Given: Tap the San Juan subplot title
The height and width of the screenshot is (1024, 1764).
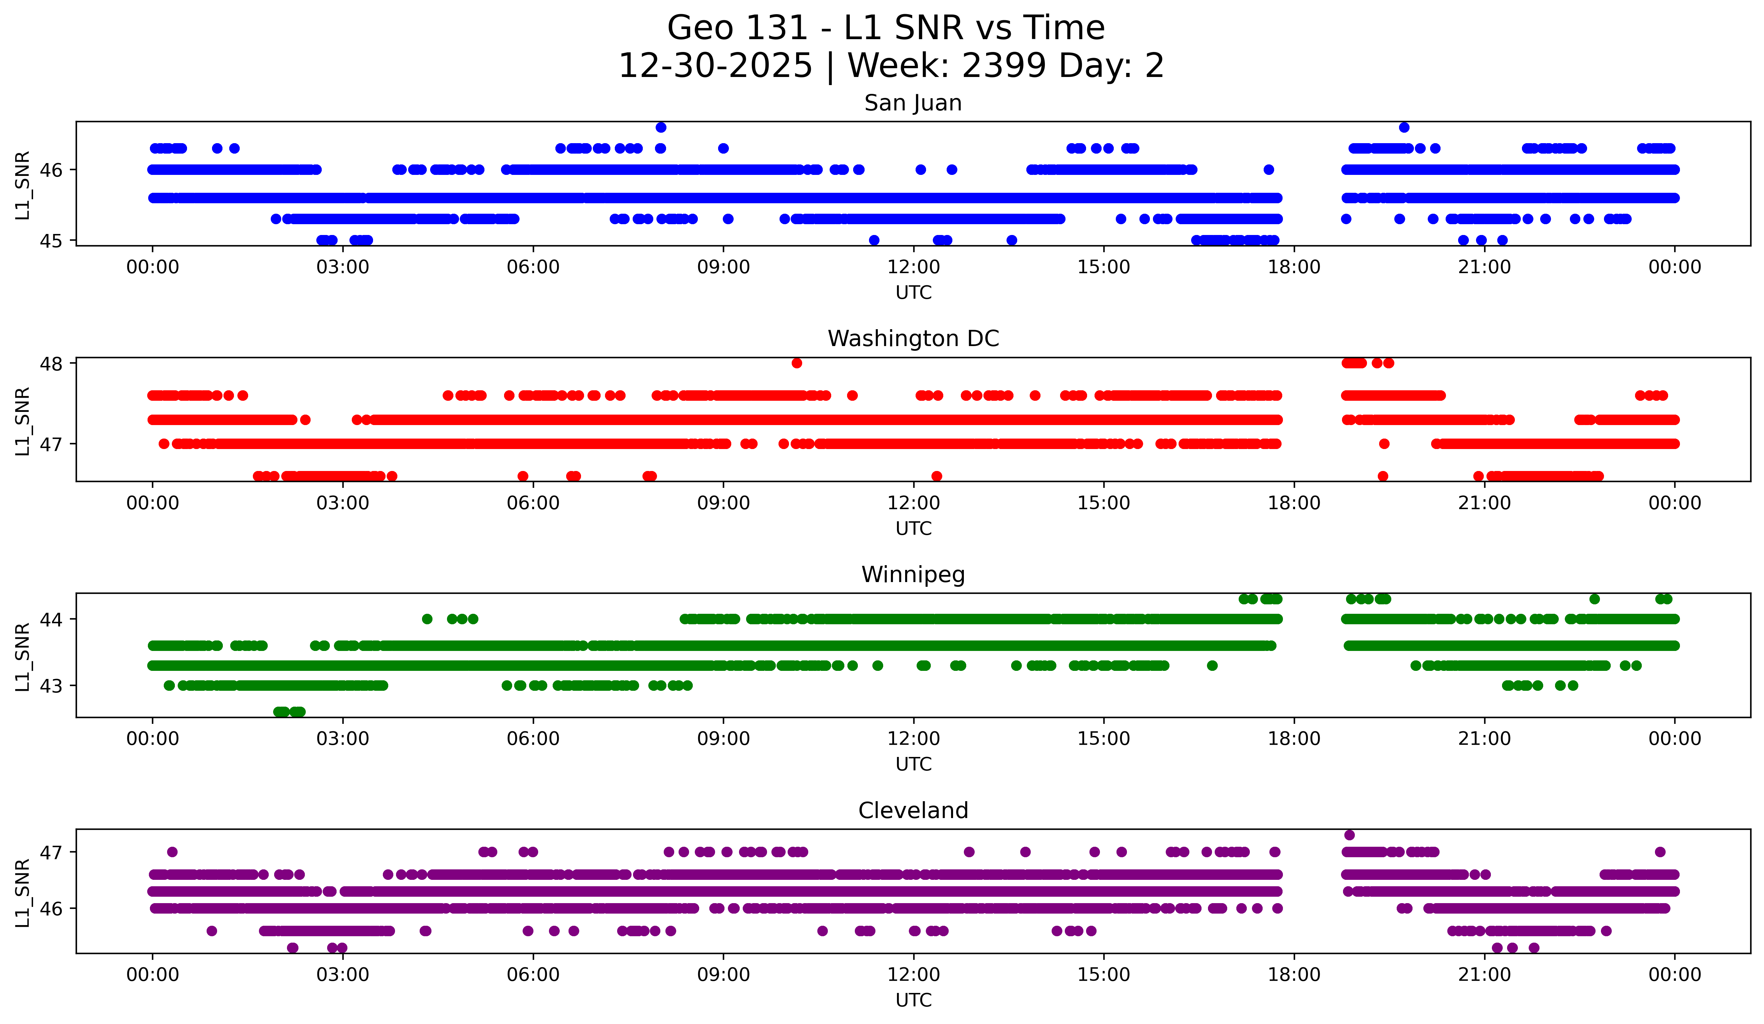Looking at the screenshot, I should point(913,103).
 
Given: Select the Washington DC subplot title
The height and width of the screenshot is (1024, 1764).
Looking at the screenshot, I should point(913,339).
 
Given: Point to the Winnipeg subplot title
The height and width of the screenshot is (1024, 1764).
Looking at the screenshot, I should point(913,575).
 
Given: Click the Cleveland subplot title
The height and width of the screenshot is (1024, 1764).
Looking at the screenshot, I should point(913,811).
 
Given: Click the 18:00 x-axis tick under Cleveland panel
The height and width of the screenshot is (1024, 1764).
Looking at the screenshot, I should point(1294,974).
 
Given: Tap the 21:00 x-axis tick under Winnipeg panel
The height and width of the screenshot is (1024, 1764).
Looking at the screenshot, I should point(1484,738).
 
